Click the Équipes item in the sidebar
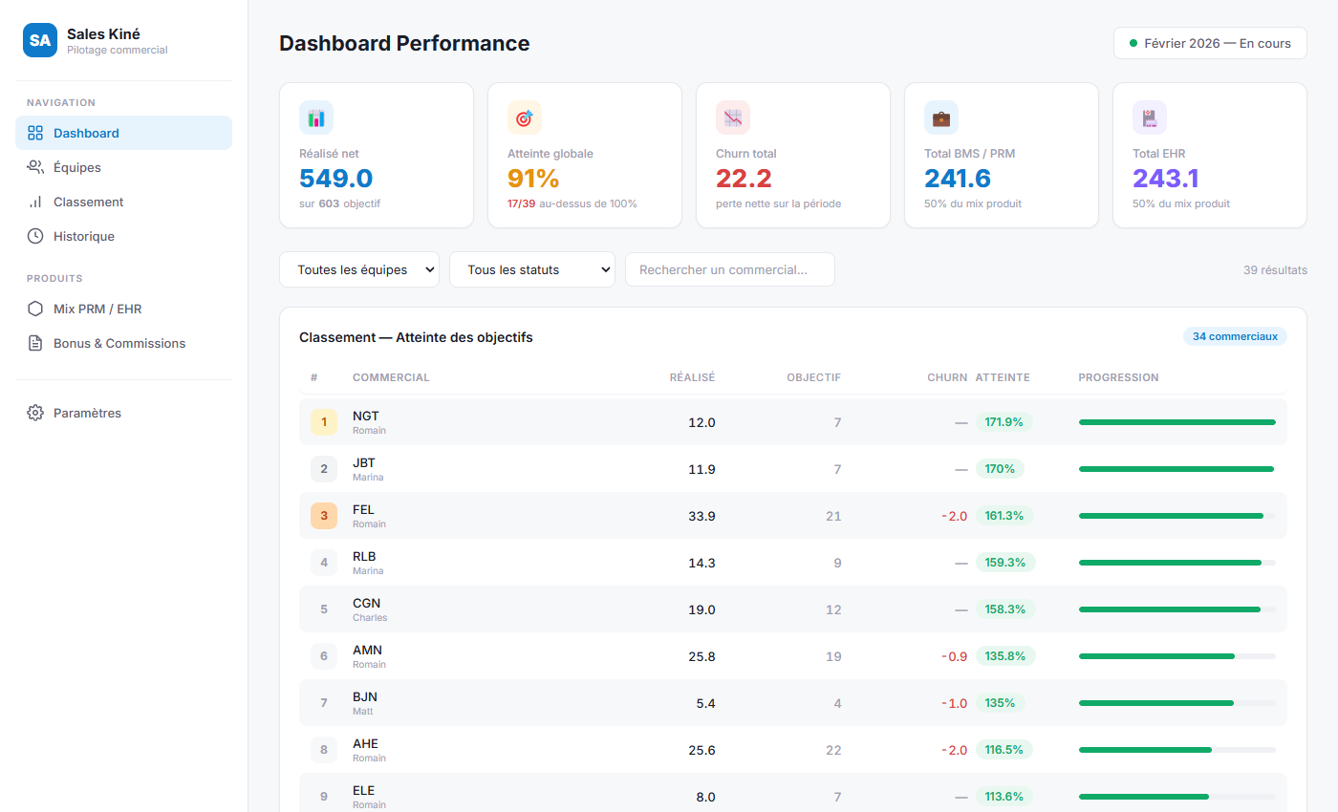(76, 167)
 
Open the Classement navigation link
(88, 202)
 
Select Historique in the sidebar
(83, 236)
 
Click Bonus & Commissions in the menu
(119, 343)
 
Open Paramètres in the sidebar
(86, 413)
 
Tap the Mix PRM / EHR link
(97, 309)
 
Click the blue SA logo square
(40, 40)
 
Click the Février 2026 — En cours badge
(1210, 43)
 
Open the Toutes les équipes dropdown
(359, 269)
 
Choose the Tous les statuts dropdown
(531, 269)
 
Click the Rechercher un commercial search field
(729, 269)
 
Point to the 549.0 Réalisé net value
(335, 179)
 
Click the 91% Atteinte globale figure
(533, 179)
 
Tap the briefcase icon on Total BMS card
(940, 118)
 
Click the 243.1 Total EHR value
(1165, 179)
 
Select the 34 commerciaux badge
(1235, 336)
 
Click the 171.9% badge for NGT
(1004, 422)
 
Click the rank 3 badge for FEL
(324, 516)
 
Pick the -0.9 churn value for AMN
(954, 656)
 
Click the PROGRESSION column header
(1118, 377)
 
